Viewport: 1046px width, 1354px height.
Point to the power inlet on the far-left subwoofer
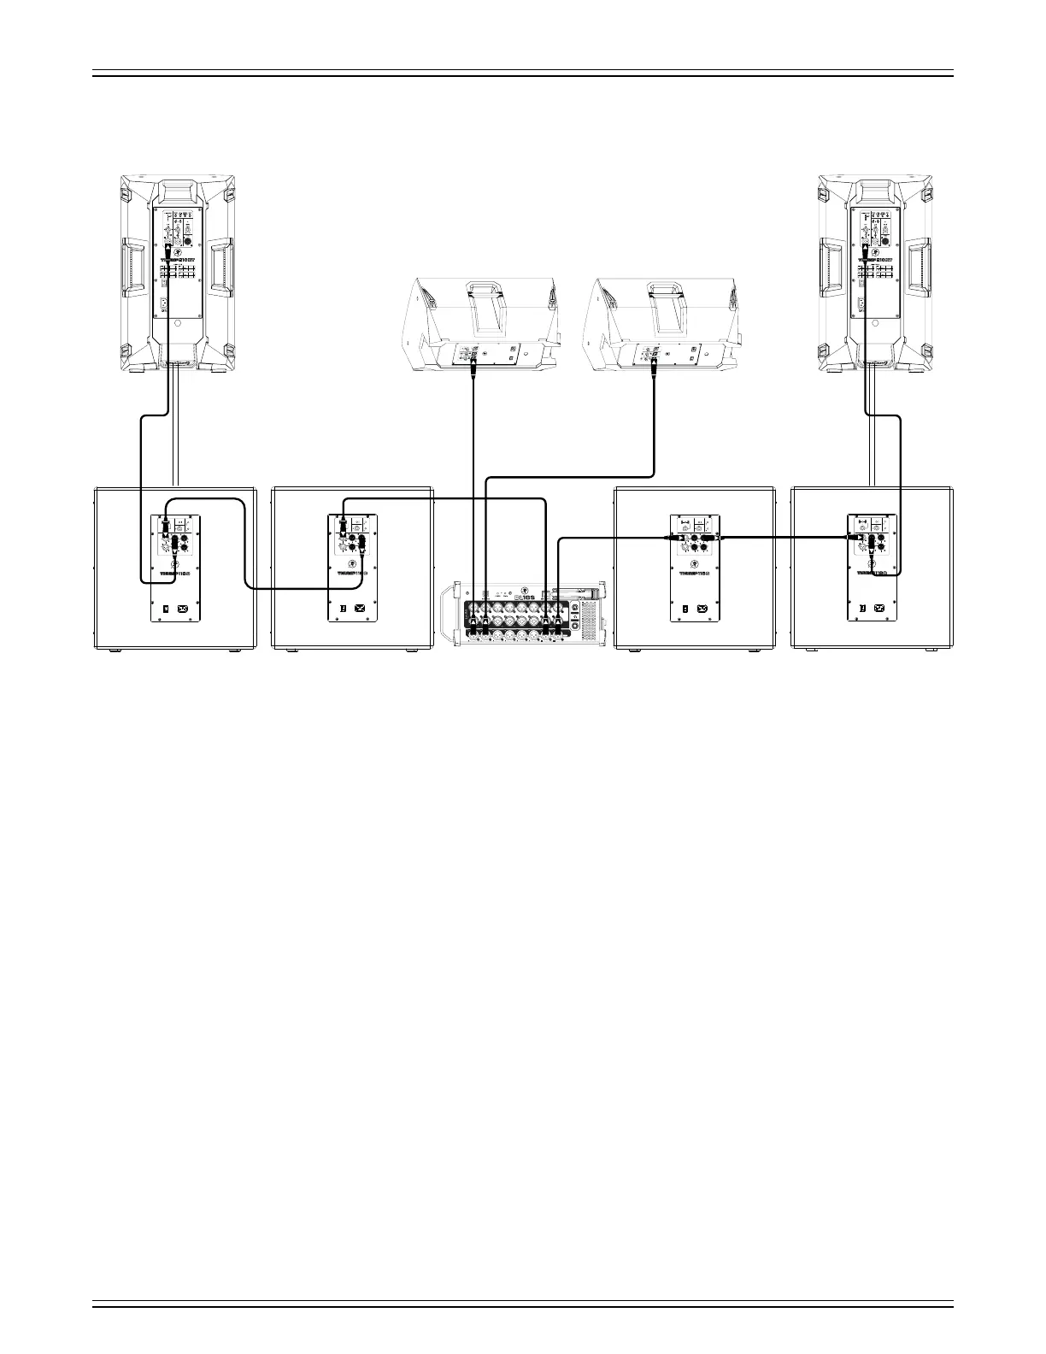coord(182,609)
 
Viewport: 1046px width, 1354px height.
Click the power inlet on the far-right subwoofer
coord(879,609)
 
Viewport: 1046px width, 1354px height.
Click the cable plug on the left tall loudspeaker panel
coord(168,250)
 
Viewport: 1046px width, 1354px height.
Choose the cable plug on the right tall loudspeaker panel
coord(866,250)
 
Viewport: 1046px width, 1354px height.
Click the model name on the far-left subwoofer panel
coord(175,574)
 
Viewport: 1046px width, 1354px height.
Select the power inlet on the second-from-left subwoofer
coord(360,609)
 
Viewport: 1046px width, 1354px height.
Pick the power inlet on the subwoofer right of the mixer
coord(702,609)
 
